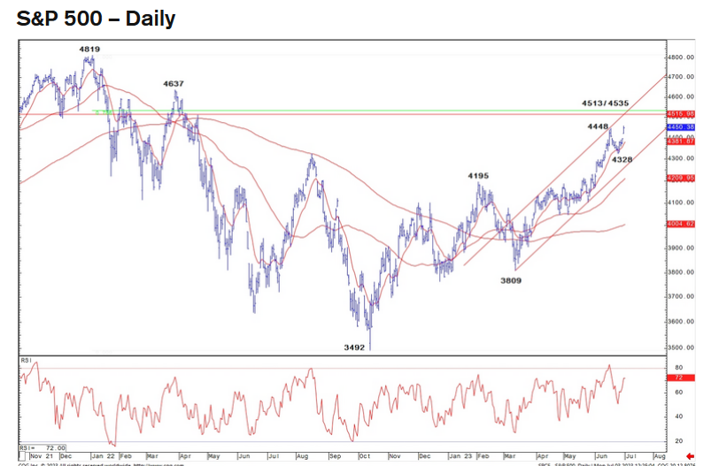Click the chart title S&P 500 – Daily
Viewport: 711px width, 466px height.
tap(96, 19)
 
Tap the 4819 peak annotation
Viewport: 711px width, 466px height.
tap(89, 50)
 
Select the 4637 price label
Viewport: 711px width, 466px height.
tap(173, 84)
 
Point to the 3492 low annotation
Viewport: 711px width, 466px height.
tap(354, 348)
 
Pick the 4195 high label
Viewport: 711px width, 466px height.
tap(478, 176)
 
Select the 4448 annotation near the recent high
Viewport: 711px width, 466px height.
tap(599, 126)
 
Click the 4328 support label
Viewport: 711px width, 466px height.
tap(622, 160)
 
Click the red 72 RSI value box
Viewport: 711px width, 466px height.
tap(678, 378)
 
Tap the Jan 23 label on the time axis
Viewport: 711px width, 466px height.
tap(460, 456)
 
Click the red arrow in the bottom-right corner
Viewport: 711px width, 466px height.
tap(702, 456)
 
